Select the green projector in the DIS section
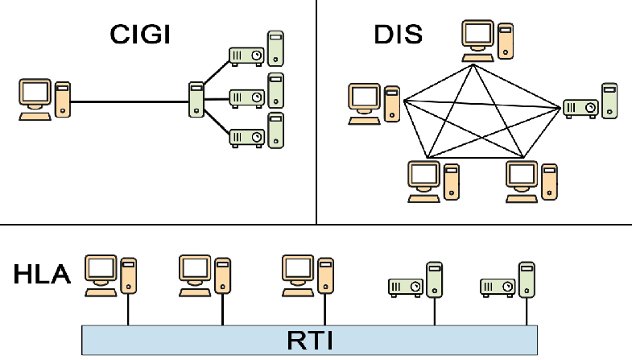coord(580,106)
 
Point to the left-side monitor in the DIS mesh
coord(364,100)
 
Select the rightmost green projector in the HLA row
coord(498,286)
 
